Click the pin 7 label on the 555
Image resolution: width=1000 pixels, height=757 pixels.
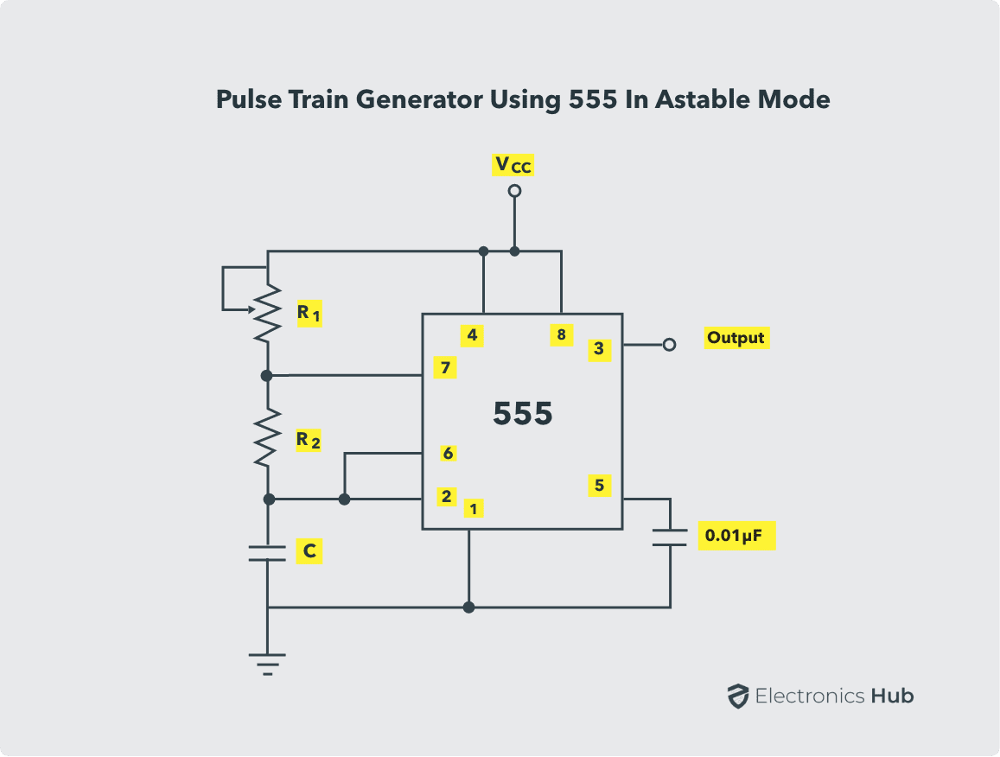[x=445, y=368]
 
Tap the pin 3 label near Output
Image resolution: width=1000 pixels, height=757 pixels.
[x=599, y=349]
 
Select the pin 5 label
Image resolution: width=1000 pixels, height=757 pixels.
[x=599, y=486]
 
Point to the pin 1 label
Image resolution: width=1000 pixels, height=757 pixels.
[x=473, y=508]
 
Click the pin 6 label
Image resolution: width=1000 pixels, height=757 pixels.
[x=448, y=453]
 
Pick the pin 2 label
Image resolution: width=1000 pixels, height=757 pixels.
[x=446, y=496]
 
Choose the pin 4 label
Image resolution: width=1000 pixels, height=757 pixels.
[x=472, y=334]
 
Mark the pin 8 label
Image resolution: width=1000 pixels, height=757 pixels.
[x=561, y=334]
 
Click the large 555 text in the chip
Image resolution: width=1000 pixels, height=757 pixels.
[x=522, y=414]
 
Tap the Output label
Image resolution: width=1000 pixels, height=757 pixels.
[x=736, y=338]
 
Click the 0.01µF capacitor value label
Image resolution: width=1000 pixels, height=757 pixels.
[x=735, y=537]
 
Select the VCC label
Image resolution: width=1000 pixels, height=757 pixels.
[x=513, y=164]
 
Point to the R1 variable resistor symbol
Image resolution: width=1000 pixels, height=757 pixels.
[x=267, y=312]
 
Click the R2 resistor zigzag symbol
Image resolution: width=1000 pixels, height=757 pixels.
[x=267, y=437]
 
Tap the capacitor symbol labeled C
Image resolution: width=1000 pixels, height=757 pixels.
[x=267, y=553]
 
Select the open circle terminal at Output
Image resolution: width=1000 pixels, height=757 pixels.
[x=668, y=345]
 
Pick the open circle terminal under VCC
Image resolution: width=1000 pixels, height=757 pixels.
[x=514, y=190]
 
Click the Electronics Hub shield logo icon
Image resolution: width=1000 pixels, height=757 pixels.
[x=737, y=696]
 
